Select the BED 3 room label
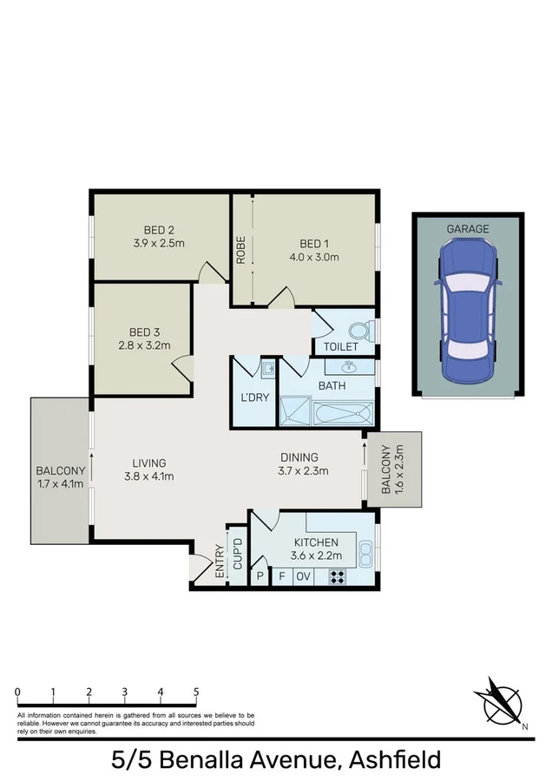(x=145, y=331)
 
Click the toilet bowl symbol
(x=358, y=331)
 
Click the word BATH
(x=332, y=385)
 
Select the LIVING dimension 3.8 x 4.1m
(x=148, y=476)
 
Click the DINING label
(x=299, y=457)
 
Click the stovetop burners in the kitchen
(x=337, y=576)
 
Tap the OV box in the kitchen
(x=304, y=576)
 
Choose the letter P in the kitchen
(x=260, y=576)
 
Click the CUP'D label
(x=236, y=553)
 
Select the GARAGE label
(x=468, y=229)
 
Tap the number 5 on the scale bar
(x=196, y=692)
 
